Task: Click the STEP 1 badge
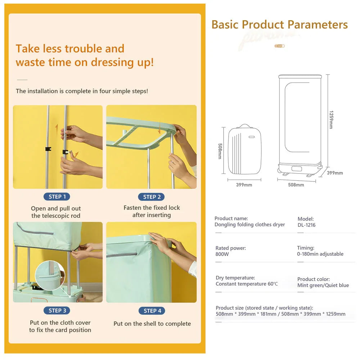point(57,197)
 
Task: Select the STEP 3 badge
point(57,310)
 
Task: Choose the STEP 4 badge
point(152,311)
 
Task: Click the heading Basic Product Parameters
point(279,24)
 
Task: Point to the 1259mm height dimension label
point(330,120)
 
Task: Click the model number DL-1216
point(306,225)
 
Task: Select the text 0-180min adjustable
point(320,254)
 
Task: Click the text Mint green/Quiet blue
point(323,285)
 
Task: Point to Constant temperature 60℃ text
point(247,284)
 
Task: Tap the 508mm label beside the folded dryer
point(220,151)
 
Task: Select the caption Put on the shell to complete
point(152,324)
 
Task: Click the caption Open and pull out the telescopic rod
point(56,212)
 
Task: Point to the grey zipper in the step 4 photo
point(122,255)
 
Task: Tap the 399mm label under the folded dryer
point(244,185)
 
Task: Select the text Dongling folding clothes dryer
point(249,225)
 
